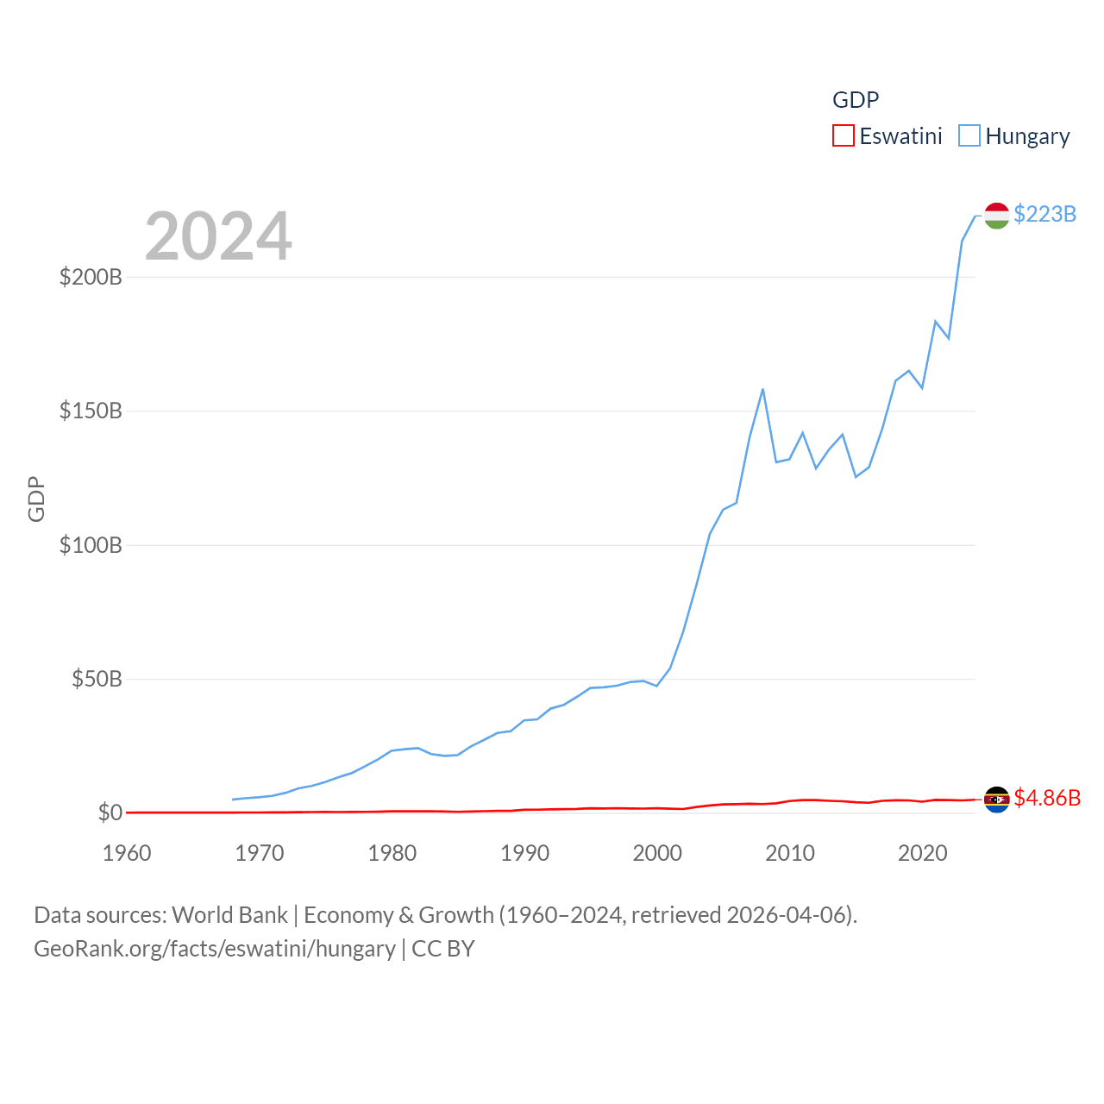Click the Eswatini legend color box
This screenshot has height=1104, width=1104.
tap(843, 136)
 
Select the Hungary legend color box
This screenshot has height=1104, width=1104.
tap(969, 136)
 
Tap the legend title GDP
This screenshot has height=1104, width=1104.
tap(855, 100)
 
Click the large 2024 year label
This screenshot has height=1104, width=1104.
tap(218, 236)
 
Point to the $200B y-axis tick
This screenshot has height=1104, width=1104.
tap(91, 277)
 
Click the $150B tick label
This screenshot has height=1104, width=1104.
tap(91, 411)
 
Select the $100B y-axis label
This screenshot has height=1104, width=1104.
tap(91, 545)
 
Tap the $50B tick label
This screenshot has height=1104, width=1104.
tap(97, 679)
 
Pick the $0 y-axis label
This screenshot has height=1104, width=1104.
tap(110, 812)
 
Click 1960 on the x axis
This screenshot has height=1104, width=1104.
tap(127, 853)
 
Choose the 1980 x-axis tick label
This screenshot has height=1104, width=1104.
tap(392, 853)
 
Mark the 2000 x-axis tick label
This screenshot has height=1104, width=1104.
tap(657, 853)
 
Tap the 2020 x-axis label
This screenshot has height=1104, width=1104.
tap(922, 853)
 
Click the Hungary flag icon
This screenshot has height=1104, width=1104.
tap(996, 216)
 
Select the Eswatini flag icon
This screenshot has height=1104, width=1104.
tap(996, 800)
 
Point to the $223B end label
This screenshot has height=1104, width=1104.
tap(1044, 214)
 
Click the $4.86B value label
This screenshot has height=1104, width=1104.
tap(1047, 798)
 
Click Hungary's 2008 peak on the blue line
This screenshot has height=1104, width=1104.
tap(762, 390)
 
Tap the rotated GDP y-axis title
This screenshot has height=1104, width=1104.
tap(36, 499)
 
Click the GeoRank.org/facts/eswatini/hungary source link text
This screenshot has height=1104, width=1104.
tap(214, 949)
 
